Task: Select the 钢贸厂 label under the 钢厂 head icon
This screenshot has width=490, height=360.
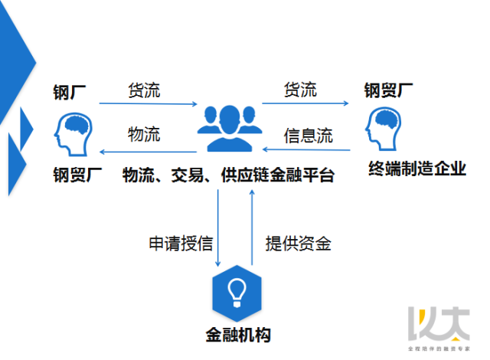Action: (x=77, y=174)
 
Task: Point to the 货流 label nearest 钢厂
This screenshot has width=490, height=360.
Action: (x=144, y=90)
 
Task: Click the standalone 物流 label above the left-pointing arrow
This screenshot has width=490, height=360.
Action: (x=144, y=135)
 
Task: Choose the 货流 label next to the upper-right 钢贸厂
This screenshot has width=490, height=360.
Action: (x=299, y=90)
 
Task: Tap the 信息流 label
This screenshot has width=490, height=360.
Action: (x=308, y=136)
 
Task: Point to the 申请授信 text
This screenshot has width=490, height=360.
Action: (x=181, y=244)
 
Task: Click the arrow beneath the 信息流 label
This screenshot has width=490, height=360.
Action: (x=306, y=149)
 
